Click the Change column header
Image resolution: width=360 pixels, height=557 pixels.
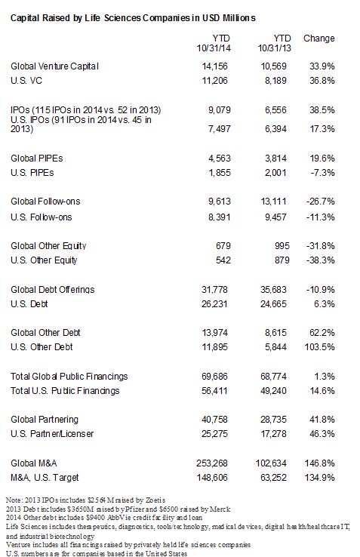[x=318, y=38]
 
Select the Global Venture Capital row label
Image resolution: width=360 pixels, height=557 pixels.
[x=55, y=66]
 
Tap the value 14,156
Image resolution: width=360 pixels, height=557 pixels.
[x=214, y=66]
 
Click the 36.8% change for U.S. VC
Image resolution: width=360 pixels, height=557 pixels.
[x=322, y=81]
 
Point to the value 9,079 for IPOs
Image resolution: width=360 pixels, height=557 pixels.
[x=220, y=110]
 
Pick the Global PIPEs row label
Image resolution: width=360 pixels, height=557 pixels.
[x=37, y=158]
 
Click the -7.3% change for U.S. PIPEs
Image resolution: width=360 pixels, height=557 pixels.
[x=322, y=173]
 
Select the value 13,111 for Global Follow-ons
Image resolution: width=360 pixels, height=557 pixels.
[x=273, y=202]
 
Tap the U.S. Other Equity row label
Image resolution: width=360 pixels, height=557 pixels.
[x=44, y=260]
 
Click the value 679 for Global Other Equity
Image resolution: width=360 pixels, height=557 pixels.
[x=223, y=246]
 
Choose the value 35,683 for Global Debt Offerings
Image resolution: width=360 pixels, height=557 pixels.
[x=273, y=290]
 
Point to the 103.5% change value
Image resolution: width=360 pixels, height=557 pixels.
[x=319, y=347]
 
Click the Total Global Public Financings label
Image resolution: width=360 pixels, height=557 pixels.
[x=69, y=377]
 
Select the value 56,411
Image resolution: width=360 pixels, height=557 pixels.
[x=214, y=391]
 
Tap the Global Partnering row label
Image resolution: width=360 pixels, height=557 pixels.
[x=45, y=420]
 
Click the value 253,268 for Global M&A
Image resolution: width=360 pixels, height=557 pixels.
[x=212, y=463]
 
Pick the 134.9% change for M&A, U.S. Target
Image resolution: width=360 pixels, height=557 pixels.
[x=319, y=478]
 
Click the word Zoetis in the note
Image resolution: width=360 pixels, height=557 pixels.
[x=155, y=500]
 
